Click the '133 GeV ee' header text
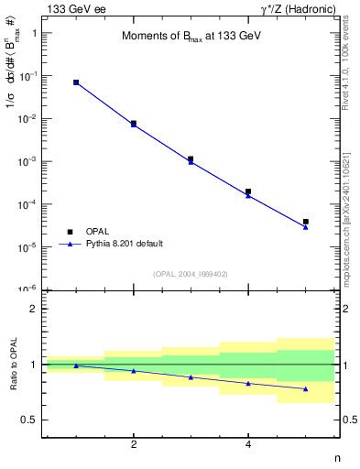[x=76, y=8]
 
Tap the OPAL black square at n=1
[x=76, y=82]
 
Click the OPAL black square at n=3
[x=191, y=158]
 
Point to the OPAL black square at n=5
[x=306, y=222]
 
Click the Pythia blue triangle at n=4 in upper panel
[x=248, y=195]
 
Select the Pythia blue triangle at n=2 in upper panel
[x=134, y=125]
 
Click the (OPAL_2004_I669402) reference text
[x=190, y=273]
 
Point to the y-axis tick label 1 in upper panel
[x=33, y=33]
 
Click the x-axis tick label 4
[x=248, y=444]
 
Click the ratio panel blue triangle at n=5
[x=306, y=389]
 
